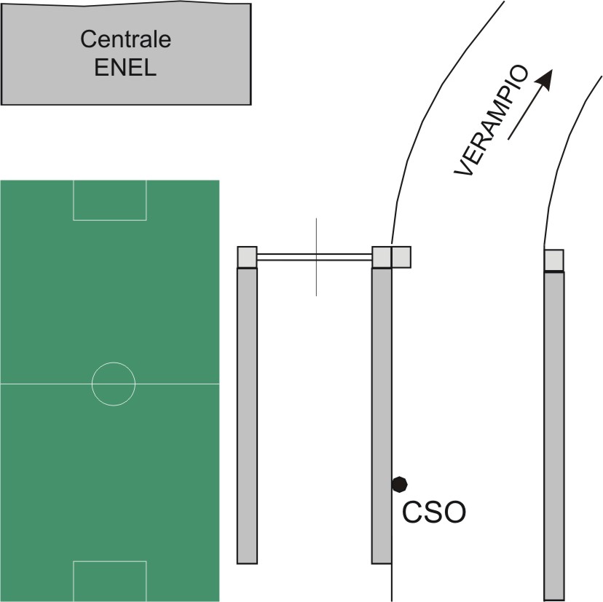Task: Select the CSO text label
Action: click(434, 512)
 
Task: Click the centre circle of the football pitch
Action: click(114, 383)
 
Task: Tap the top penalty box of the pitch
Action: click(110, 199)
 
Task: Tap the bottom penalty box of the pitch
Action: click(110, 580)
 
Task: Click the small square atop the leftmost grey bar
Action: click(248, 257)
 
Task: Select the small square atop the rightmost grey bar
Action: click(555, 260)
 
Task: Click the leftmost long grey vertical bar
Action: click(248, 415)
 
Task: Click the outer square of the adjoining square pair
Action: click(401, 257)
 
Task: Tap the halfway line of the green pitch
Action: click(44, 383)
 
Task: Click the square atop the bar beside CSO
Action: click(382, 257)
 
